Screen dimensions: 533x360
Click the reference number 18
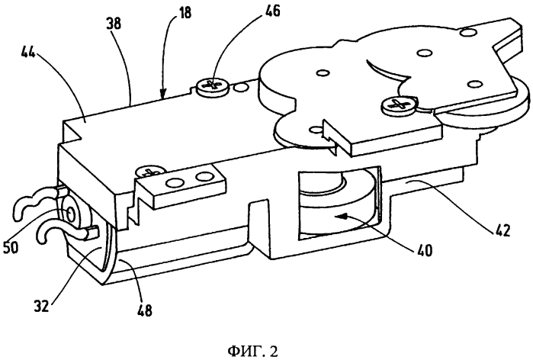pyautogui.click(x=185, y=13)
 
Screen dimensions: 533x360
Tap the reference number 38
pyautogui.click(x=114, y=24)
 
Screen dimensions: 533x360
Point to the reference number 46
pyautogui.click(x=272, y=11)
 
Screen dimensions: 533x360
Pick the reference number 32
pyautogui.click(x=41, y=306)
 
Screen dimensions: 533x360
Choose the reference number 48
pyautogui.click(x=144, y=310)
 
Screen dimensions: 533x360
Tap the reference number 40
pyautogui.click(x=424, y=250)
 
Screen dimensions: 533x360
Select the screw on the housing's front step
pyautogui.click(x=150, y=171)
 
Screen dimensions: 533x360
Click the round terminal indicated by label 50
pyautogui.click(x=72, y=214)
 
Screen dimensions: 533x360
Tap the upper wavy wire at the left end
pyautogui.click(x=34, y=201)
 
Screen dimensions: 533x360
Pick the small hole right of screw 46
pyautogui.click(x=242, y=88)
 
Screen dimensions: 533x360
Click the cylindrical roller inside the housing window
pyautogui.click(x=338, y=210)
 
